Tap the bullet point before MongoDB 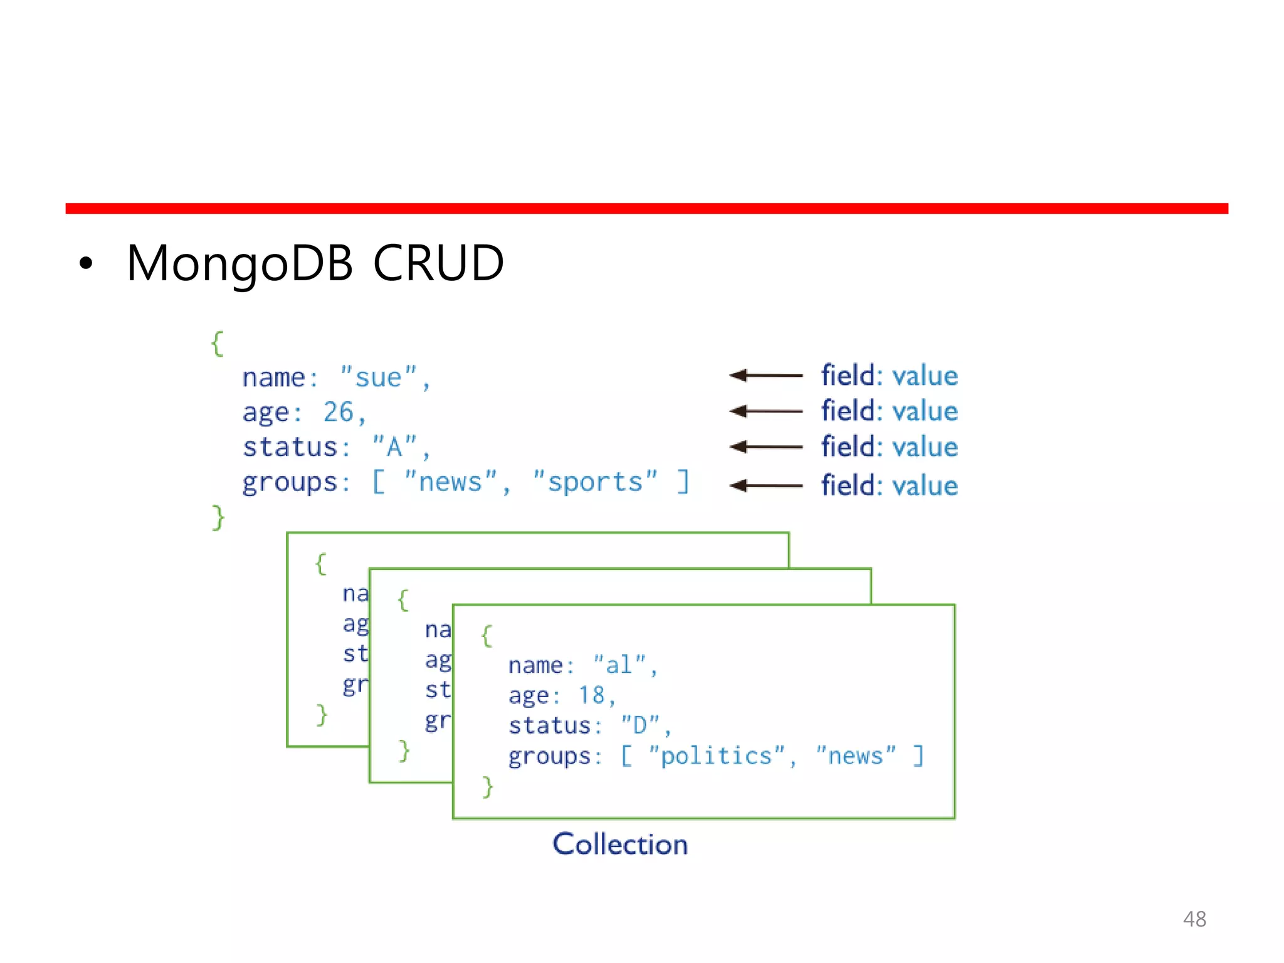click(86, 265)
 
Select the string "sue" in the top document click(378, 377)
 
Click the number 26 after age click(339, 412)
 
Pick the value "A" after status click(394, 447)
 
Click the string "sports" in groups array click(595, 481)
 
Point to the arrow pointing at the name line click(766, 376)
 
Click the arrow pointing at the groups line click(766, 485)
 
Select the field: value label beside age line click(889, 411)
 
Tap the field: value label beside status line click(889, 447)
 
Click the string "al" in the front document click(619, 665)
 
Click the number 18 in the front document click(591, 695)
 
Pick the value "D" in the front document click(640, 725)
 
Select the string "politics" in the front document click(717, 755)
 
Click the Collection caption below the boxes click(619, 844)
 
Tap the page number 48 click(1194, 919)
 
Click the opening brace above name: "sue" click(218, 344)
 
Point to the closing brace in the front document click(488, 786)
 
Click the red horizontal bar click(646, 208)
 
